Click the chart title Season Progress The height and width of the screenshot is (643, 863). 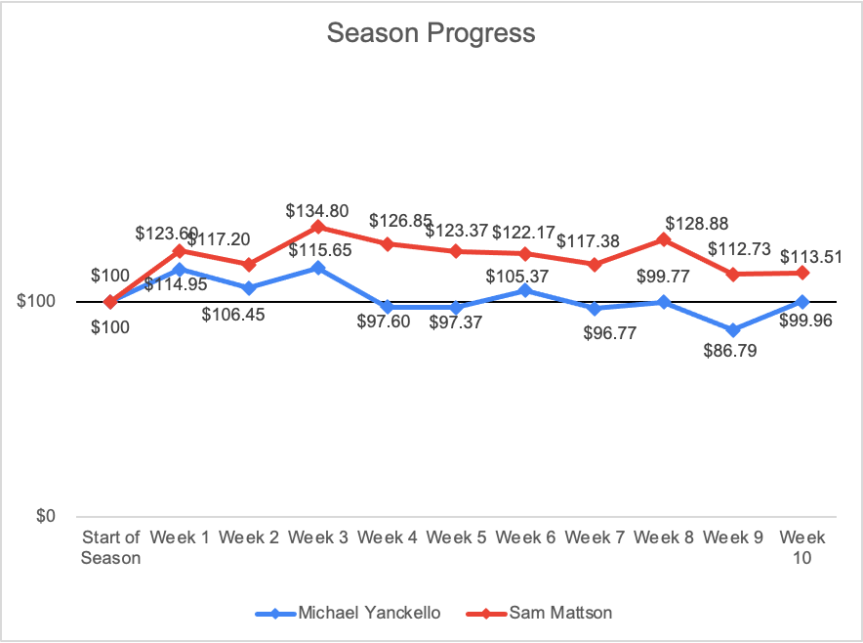(x=431, y=33)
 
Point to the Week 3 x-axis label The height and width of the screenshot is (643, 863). (x=318, y=536)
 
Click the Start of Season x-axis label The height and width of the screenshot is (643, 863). (x=110, y=547)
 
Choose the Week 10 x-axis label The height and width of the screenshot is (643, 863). (x=802, y=547)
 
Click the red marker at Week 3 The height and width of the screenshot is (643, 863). (x=318, y=227)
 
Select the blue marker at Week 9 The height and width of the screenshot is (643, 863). (x=733, y=329)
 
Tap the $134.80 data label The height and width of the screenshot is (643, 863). (x=318, y=210)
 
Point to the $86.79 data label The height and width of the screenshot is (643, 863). (x=734, y=354)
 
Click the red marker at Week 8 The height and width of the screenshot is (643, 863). (x=664, y=239)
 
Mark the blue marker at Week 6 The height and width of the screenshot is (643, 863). (x=525, y=290)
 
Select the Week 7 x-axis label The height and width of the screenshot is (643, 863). (x=595, y=536)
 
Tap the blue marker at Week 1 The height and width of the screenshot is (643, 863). (x=180, y=270)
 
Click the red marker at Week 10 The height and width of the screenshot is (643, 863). (x=802, y=273)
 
